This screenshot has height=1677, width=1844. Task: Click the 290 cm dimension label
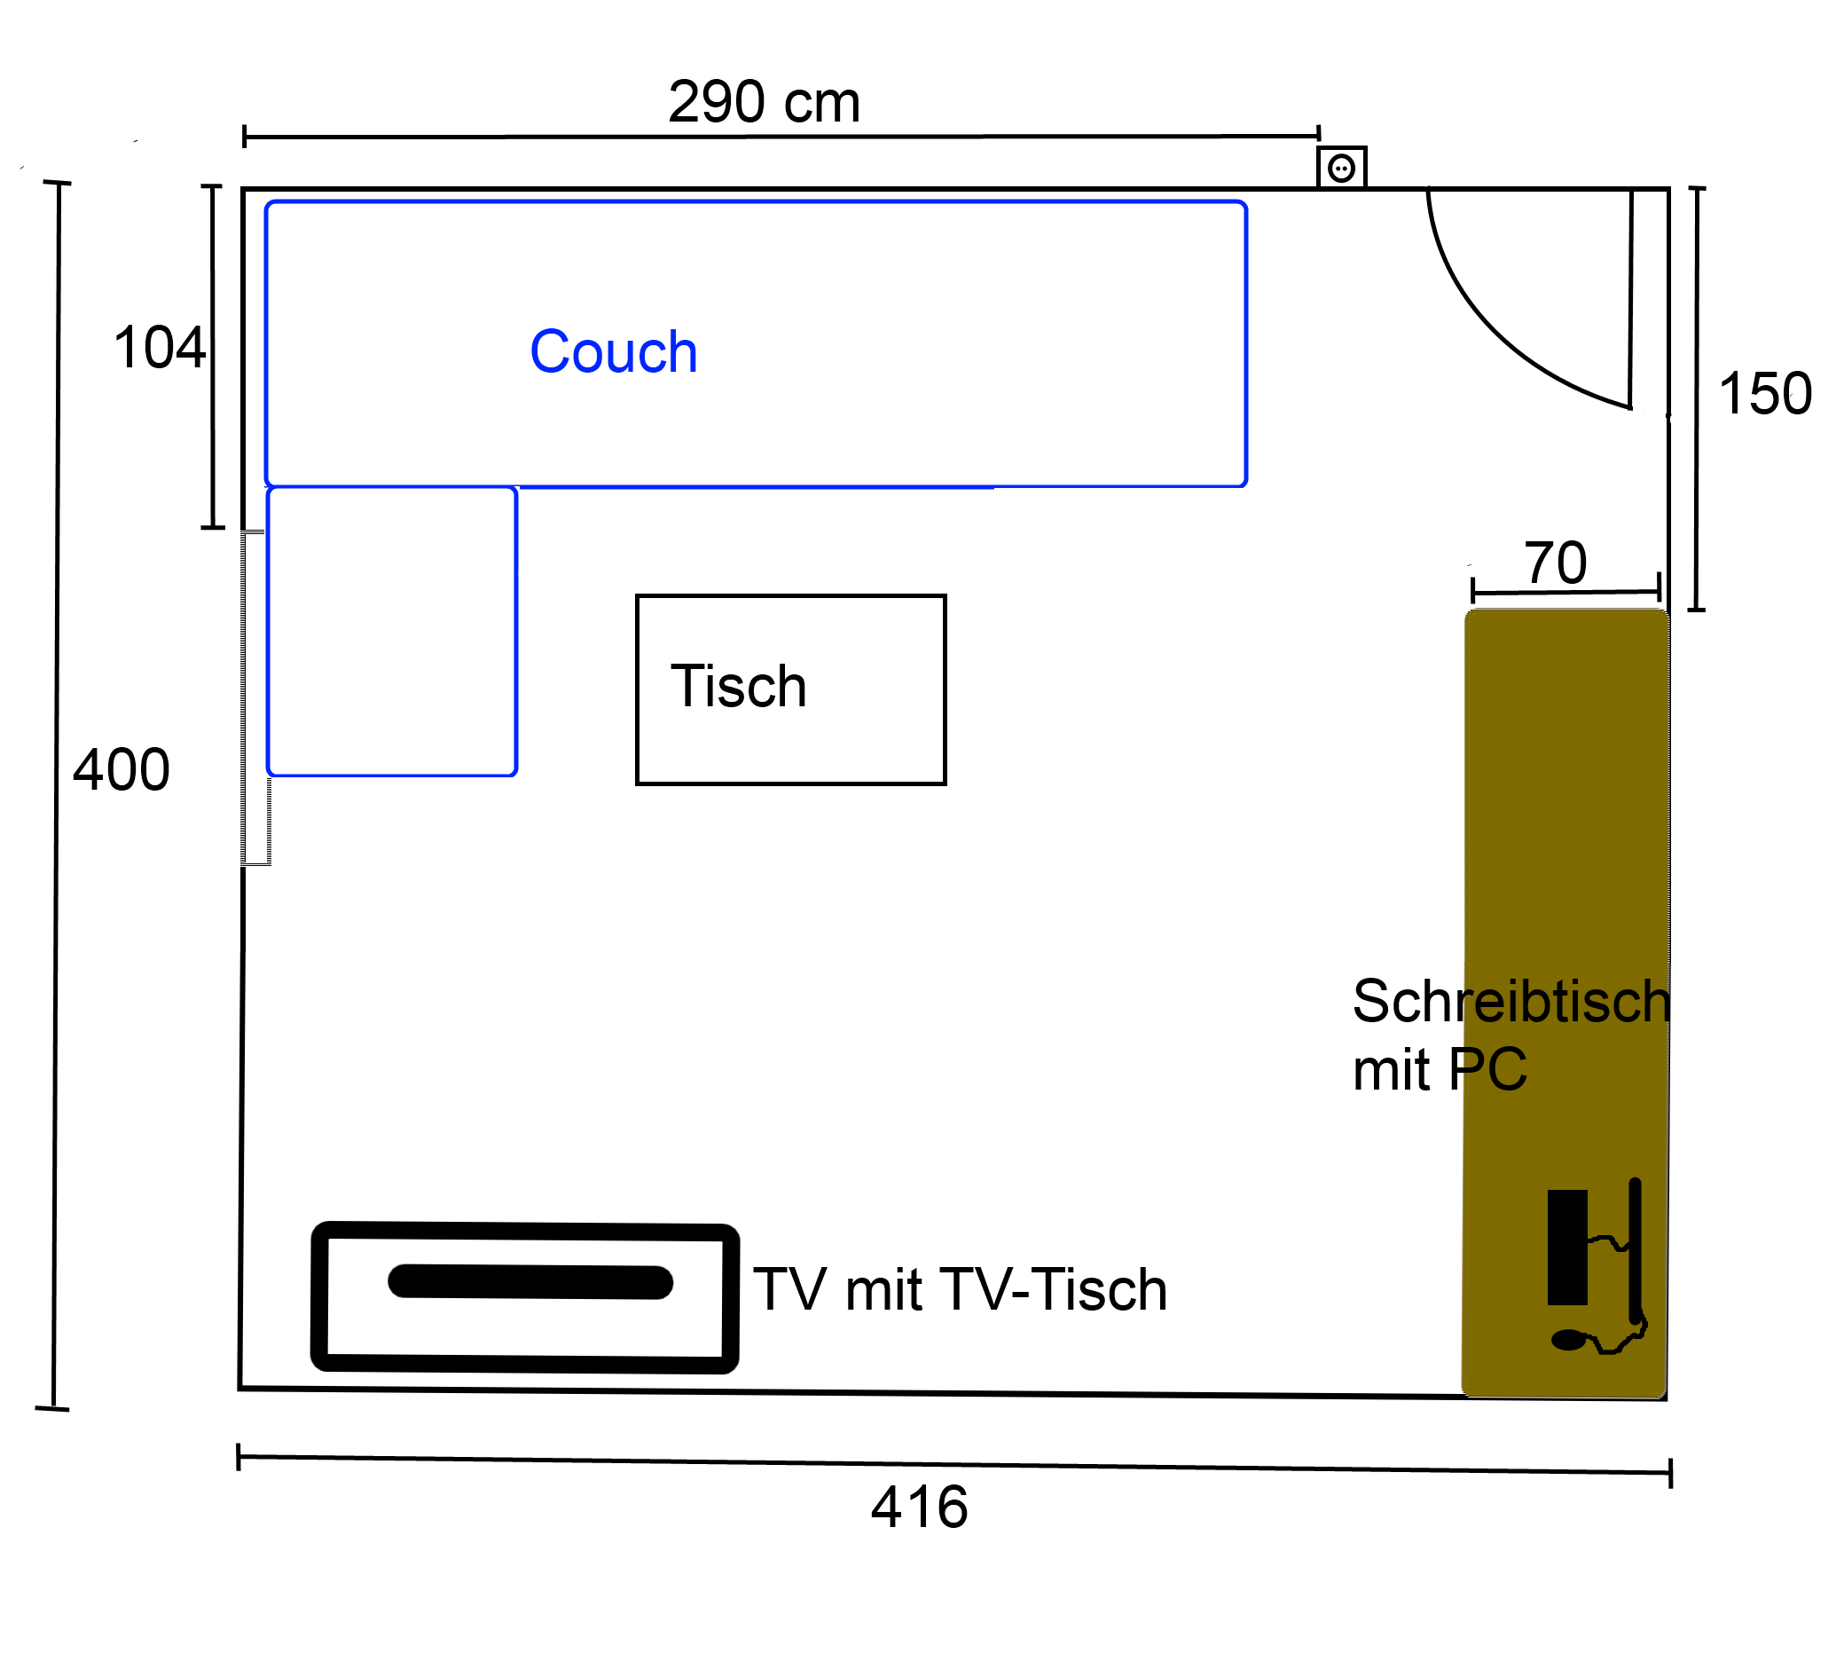(x=764, y=101)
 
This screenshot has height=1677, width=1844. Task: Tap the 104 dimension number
(x=159, y=348)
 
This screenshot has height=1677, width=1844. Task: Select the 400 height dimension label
(x=122, y=769)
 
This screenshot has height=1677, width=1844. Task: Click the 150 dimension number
(x=1765, y=394)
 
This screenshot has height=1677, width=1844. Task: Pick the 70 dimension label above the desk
(x=1555, y=563)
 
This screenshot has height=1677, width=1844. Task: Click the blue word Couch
(x=614, y=352)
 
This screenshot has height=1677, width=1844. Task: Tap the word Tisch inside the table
(x=739, y=686)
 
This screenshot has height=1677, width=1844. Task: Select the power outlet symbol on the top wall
(x=1342, y=168)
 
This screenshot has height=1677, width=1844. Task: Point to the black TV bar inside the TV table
(x=530, y=1282)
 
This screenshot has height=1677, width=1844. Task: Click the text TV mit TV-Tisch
(x=960, y=1290)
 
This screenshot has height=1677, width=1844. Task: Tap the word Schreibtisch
(x=1512, y=1001)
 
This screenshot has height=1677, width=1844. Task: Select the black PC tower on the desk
(x=1567, y=1248)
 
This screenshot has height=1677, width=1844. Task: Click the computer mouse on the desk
(x=1568, y=1341)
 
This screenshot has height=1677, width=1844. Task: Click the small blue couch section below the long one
(x=392, y=631)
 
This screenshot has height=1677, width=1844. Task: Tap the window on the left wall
(x=255, y=698)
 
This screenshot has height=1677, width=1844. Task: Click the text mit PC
(x=1440, y=1069)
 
